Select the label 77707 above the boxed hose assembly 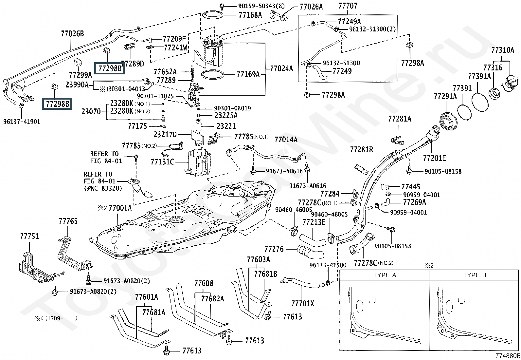point(348,6)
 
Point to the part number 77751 point(29,236)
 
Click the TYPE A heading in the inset point(385,275)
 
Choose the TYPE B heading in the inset point(475,275)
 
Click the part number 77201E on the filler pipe point(434,159)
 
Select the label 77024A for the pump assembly point(281,68)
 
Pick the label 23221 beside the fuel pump point(226,126)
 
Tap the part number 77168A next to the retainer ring point(250,15)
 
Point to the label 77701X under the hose point(302,304)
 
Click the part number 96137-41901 point(22,122)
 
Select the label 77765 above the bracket point(68,221)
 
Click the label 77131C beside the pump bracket point(162,161)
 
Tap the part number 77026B point(72,33)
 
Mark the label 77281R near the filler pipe point(361,150)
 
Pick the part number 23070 point(91,112)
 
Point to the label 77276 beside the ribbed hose point(274,249)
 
